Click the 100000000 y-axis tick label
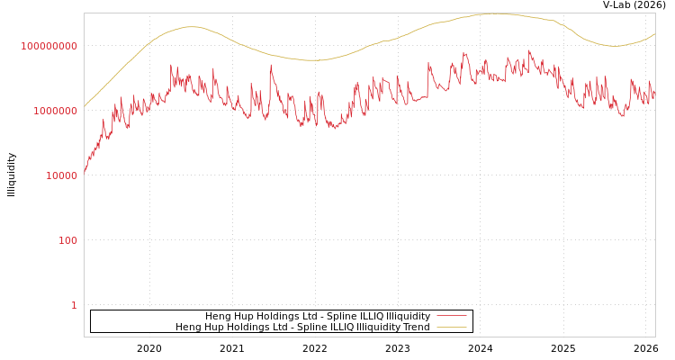49,46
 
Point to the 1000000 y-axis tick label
49,111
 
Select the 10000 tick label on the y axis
61,175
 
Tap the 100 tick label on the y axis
67,240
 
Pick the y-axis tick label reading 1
74,305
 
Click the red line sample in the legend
451,317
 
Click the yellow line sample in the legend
451,328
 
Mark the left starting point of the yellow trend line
85,107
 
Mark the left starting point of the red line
85,171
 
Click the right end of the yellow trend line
654,34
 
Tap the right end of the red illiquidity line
654,92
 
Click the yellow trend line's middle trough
311,60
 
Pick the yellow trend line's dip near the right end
613,46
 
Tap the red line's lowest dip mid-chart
336,127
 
